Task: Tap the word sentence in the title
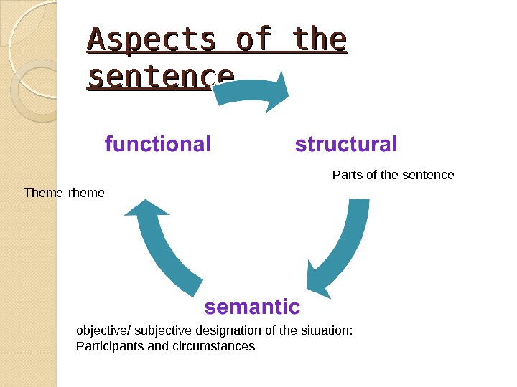[x=160, y=76]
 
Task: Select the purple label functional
[x=158, y=145]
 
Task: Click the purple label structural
[x=346, y=145]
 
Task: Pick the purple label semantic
[x=252, y=307]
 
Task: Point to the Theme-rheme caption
[x=64, y=193]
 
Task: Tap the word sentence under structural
[x=431, y=175]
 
